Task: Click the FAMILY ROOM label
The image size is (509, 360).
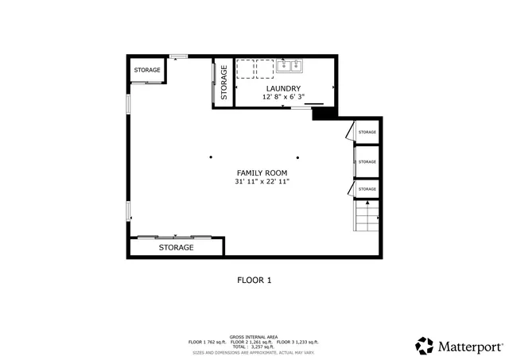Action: click(x=262, y=172)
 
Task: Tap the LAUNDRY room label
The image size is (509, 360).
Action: click(x=282, y=88)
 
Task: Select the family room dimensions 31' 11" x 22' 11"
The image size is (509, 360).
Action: click(x=262, y=182)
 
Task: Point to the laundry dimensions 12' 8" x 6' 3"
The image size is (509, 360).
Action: click(x=282, y=97)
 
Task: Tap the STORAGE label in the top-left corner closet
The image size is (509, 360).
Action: click(x=147, y=71)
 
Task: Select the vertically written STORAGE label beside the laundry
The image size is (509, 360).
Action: click(x=223, y=82)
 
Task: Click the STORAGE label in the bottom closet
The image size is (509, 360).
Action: click(x=176, y=248)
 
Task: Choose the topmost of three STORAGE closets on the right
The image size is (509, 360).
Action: click(x=367, y=132)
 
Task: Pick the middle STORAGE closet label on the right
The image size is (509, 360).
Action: click(x=367, y=161)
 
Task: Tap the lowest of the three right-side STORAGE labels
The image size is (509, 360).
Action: click(x=367, y=189)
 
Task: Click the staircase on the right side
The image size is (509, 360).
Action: click(x=367, y=217)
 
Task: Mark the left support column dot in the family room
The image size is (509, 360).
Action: click(x=212, y=156)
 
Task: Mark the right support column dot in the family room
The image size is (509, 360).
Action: click(x=298, y=156)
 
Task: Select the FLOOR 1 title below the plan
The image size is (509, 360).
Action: click(x=254, y=280)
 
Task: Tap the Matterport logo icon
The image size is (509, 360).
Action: click(x=425, y=346)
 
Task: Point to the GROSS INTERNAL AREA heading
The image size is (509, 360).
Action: click(x=254, y=337)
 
